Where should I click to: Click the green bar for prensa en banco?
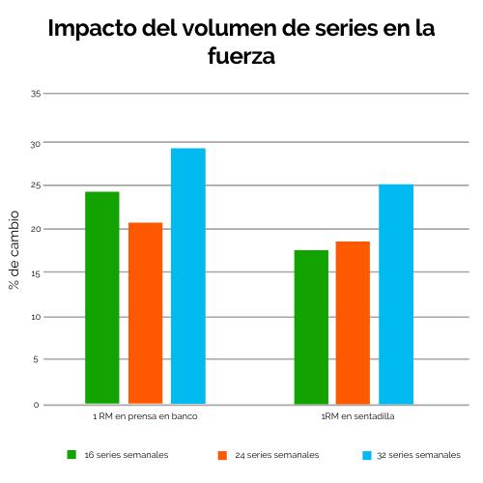(101, 298)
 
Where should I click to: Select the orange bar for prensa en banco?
(145, 313)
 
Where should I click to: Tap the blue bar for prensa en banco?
(188, 275)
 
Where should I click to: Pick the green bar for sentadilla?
(311, 327)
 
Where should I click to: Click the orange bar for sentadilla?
(353, 322)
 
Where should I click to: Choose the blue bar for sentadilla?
(396, 294)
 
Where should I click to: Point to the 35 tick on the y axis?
(35, 94)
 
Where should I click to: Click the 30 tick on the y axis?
(35, 143)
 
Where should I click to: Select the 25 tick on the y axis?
(35, 185)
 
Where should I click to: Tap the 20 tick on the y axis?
(35, 229)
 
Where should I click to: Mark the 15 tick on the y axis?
(35, 273)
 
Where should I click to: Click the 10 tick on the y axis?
(35, 317)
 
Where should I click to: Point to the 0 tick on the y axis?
(37, 405)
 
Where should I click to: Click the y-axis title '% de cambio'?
(14, 248)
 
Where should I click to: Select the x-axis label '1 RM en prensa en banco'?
(145, 417)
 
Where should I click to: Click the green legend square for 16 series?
(71, 453)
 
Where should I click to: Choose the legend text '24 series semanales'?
(276, 454)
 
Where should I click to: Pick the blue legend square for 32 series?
(367, 453)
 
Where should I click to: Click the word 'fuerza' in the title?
(241, 57)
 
